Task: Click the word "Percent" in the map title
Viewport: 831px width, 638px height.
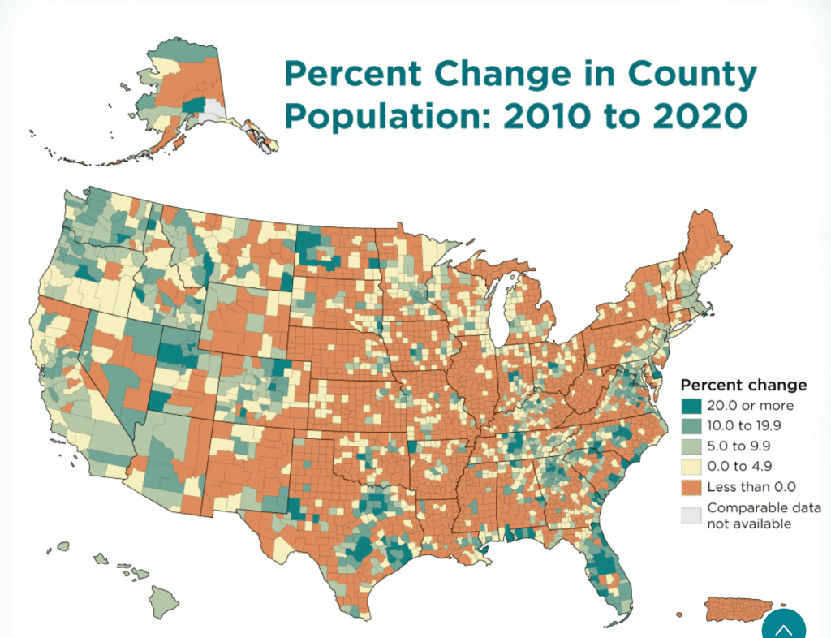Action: click(352, 75)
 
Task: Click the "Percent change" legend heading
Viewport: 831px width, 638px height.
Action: click(743, 385)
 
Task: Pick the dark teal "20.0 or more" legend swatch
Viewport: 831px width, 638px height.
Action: click(691, 405)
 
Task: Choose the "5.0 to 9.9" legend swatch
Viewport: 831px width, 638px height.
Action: click(691, 446)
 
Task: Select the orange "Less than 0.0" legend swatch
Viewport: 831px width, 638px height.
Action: click(691, 486)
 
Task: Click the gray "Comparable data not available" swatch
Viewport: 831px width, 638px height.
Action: click(691, 515)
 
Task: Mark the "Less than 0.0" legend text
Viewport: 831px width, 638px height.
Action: click(751, 486)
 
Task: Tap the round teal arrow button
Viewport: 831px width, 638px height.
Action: click(784, 626)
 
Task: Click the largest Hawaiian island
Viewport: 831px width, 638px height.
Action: click(163, 601)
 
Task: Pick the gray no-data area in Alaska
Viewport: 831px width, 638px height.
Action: click(213, 110)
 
